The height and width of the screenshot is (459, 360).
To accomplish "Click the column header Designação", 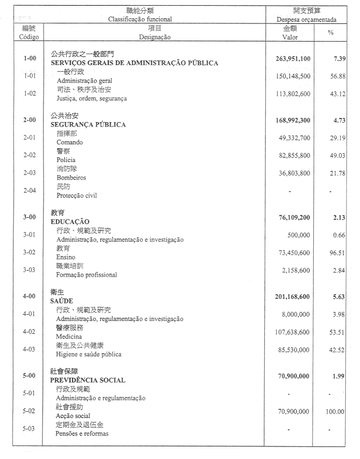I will coord(154,36).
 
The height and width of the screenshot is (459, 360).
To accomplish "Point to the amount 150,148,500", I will coord(290,76).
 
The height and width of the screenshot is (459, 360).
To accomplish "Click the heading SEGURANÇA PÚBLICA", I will coord(88,124).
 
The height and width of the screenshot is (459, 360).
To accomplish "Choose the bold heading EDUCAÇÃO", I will coord(70,221).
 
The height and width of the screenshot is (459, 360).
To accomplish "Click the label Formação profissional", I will coord(87,274).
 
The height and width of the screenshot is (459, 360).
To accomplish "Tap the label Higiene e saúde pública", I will coord(89,354).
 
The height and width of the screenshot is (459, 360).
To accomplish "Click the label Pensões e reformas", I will coord(82,433).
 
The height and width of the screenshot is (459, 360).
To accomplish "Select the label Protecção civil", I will coord(76,195).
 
